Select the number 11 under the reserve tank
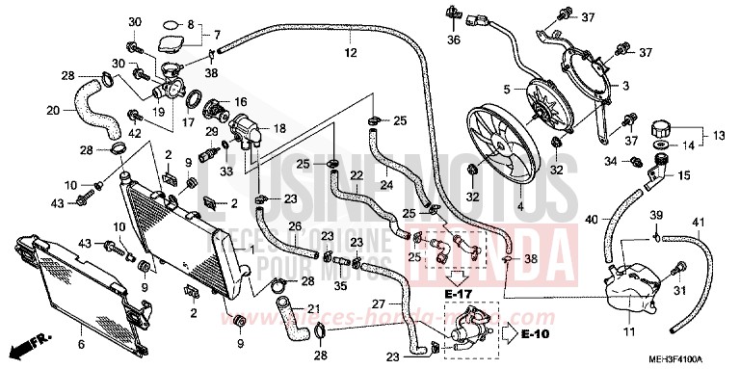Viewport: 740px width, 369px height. pos(627,334)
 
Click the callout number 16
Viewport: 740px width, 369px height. pos(240,100)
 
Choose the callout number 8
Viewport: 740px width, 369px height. pos(190,22)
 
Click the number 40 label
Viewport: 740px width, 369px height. pos(591,219)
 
